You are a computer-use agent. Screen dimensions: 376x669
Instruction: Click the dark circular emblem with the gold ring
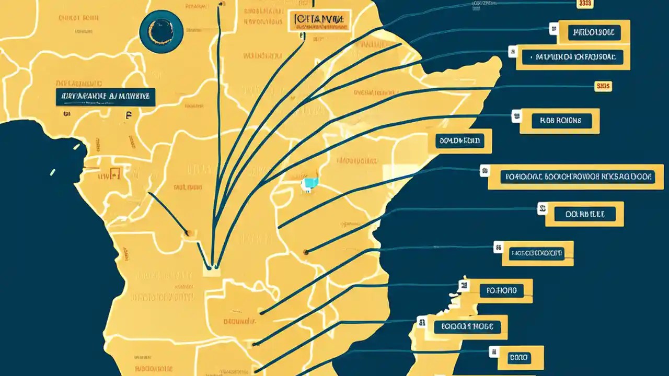[x=161, y=31]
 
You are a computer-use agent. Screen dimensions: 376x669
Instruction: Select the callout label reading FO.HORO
[x=501, y=290]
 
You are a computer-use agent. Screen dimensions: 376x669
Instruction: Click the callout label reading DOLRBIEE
[x=585, y=214]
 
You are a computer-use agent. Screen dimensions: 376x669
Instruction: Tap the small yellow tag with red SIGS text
[x=603, y=86]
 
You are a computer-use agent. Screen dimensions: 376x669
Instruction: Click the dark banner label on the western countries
[x=106, y=97]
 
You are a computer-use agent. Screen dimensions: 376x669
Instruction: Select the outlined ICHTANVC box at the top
[x=319, y=20]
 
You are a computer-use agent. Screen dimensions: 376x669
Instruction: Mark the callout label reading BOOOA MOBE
[x=467, y=327]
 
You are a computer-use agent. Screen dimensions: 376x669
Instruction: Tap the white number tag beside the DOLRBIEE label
[x=543, y=209]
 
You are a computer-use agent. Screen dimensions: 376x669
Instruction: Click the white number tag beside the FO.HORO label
[x=463, y=285]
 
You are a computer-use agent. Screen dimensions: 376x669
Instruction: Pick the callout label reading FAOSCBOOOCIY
[x=536, y=254]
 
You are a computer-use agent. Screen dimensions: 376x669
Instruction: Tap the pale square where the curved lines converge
[x=212, y=270]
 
